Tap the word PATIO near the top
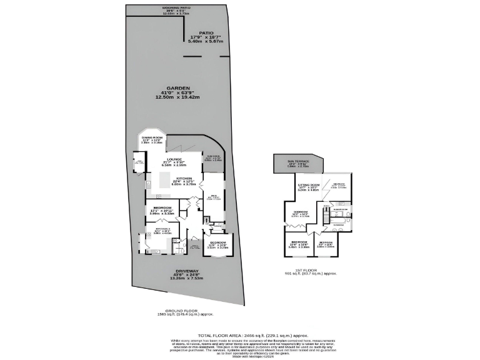coord(206,32)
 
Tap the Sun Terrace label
coord(298,161)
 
